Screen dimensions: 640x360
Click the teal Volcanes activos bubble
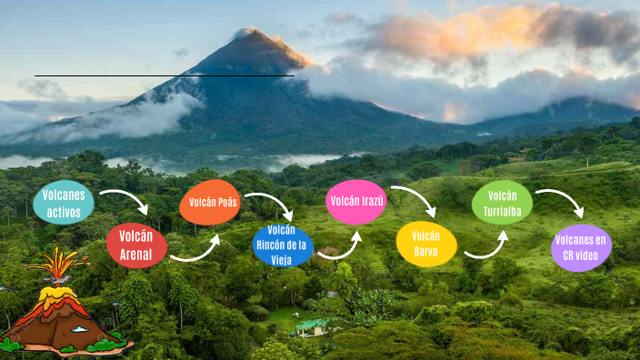64,204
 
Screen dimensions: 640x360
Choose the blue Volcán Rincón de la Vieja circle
283,245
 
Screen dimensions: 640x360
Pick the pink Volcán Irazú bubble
356,202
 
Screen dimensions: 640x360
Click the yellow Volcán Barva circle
426,244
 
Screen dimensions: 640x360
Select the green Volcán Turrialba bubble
502,202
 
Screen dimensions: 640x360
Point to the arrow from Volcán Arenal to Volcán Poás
196,252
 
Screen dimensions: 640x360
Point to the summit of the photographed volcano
248,34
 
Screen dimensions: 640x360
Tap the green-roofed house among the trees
312,325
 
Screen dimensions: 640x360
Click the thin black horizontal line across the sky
164,75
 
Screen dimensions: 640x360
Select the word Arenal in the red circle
136,254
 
